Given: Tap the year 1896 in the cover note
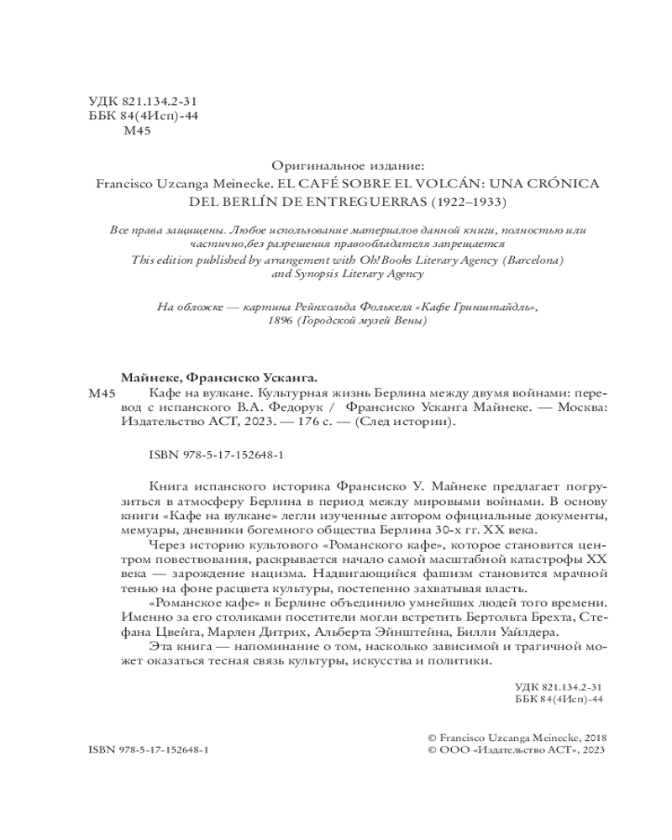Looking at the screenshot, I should click(x=280, y=322).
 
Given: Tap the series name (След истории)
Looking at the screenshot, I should click(x=405, y=423).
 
